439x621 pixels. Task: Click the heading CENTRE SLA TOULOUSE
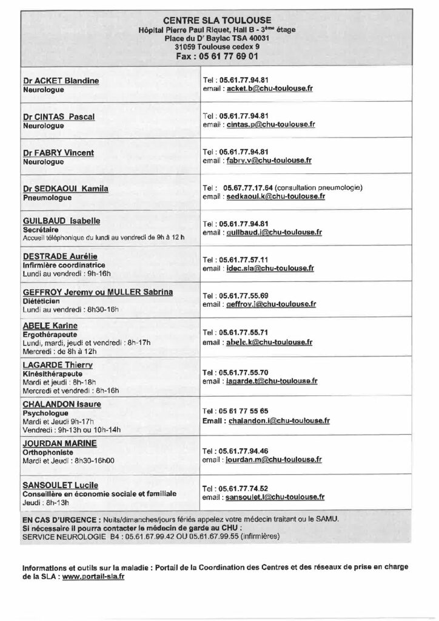pos(217,20)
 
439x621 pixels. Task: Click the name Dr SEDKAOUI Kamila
pos(65,189)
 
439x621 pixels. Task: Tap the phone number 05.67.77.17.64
pos(249,187)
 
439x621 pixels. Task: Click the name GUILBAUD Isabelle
pos(61,221)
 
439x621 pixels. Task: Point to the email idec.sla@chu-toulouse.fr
pos(270,267)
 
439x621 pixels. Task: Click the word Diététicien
pos(41,301)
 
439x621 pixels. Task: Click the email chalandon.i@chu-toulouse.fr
pos(279,420)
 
